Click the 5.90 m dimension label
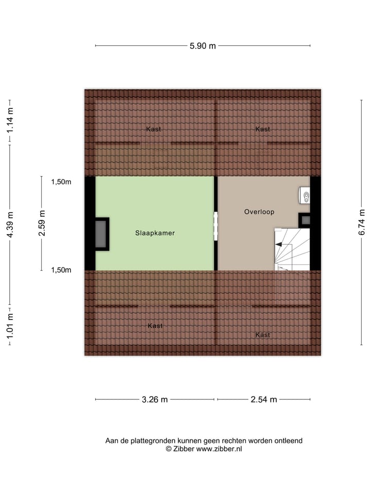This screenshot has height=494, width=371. pos(203,46)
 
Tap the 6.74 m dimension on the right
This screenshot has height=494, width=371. pos(362,222)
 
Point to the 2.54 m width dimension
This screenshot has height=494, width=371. pos(263,399)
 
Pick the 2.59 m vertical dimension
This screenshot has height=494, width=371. pos(42,223)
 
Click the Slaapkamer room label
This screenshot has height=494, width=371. pos(155,233)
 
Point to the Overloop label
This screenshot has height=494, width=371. pos(259,211)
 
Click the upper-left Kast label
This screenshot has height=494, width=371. pos(153,129)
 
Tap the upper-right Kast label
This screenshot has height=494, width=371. pos(263,129)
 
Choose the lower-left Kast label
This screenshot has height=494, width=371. pos(155,326)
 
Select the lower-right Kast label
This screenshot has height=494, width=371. pos(263,335)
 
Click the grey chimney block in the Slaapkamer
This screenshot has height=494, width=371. pos(101,235)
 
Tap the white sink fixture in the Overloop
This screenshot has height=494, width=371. pos(305,196)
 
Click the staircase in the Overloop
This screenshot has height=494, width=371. pos(292,250)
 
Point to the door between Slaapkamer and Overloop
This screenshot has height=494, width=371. pos(216,226)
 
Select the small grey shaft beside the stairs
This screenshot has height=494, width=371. pos(305,220)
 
